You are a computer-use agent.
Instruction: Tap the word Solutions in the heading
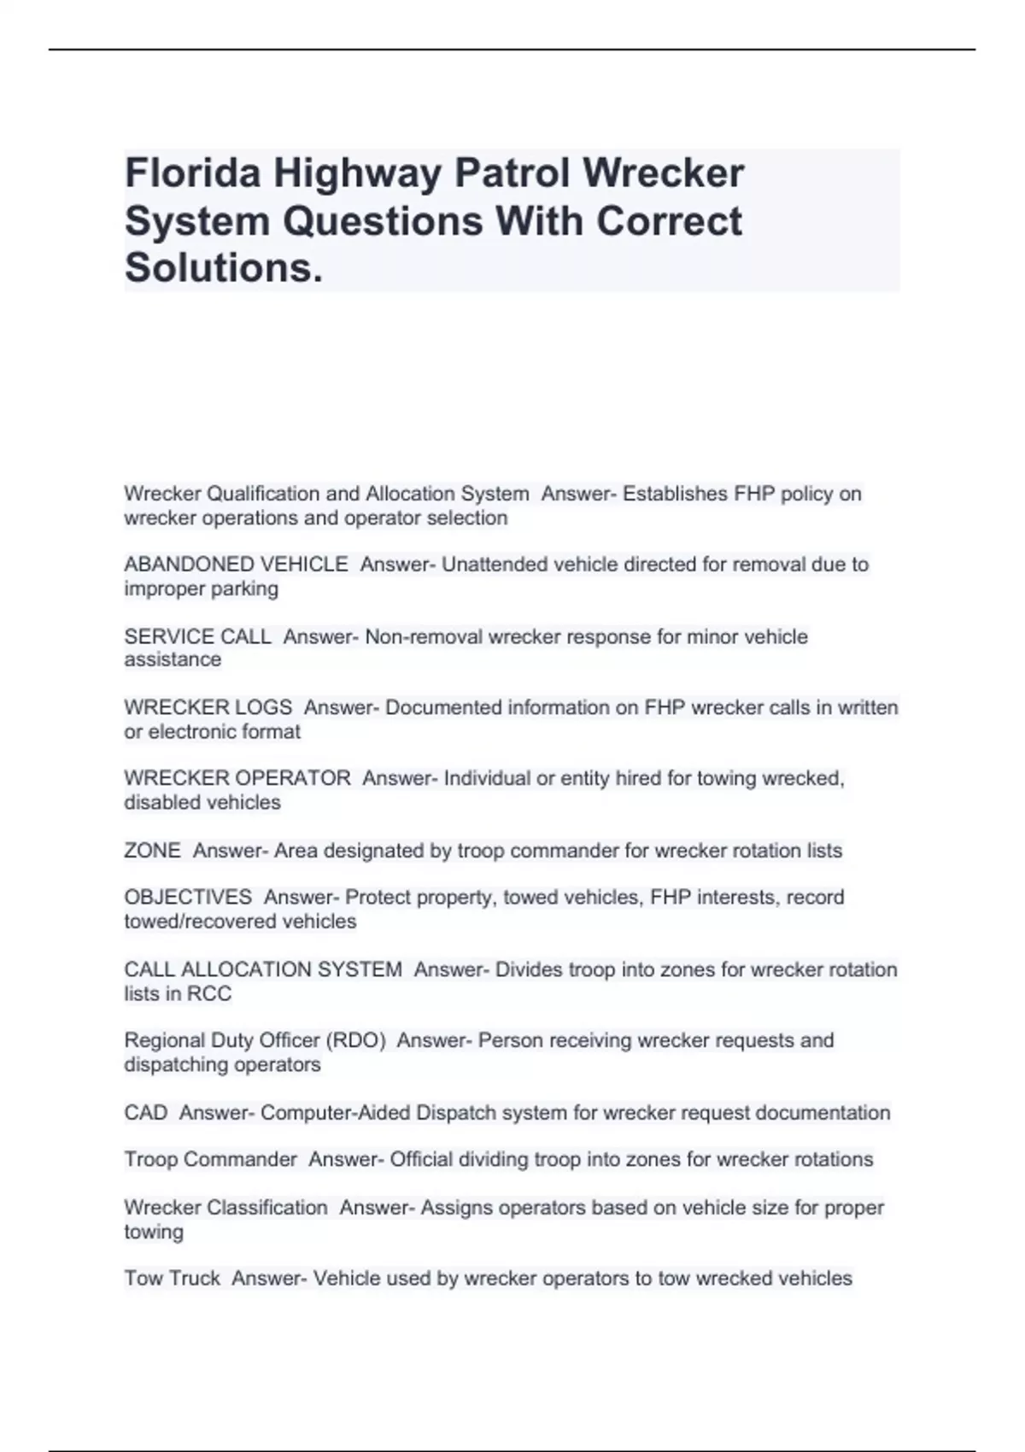(223, 268)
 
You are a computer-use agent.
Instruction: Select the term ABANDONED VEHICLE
(236, 565)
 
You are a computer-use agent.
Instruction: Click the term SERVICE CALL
(197, 636)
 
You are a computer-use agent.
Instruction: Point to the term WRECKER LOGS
(208, 707)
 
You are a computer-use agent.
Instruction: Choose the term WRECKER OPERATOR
(237, 778)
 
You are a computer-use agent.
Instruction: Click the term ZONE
(152, 851)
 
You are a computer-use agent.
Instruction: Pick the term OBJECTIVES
(188, 897)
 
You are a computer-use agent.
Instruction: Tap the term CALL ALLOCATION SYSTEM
(262, 969)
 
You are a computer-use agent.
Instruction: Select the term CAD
(145, 1113)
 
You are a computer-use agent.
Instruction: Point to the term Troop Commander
(210, 1159)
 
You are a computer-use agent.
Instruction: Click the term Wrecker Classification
(225, 1208)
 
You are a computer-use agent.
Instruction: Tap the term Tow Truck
(172, 1279)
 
